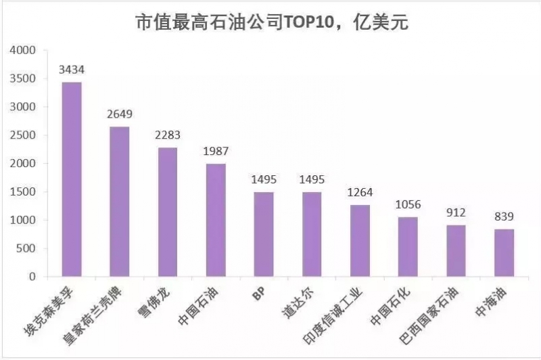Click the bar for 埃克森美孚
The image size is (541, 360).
pyautogui.click(x=71, y=179)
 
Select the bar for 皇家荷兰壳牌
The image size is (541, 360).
pyautogui.click(x=120, y=202)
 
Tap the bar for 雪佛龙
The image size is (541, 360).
pyautogui.click(x=168, y=212)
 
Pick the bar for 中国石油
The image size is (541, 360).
pyautogui.click(x=216, y=220)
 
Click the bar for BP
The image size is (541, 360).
pyautogui.click(x=264, y=234)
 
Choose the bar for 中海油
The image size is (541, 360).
pyautogui.click(x=504, y=252)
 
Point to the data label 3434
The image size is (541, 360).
pyautogui.click(x=71, y=70)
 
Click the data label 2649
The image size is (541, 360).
pyautogui.click(x=120, y=114)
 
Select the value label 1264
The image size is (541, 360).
pyautogui.click(x=360, y=192)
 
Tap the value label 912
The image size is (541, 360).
pyautogui.click(x=456, y=212)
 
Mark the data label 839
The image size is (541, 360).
pyautogui.click(x=504, y=217)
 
